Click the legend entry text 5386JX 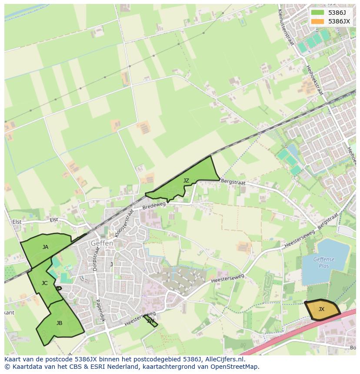coord(339,21)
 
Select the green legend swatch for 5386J coord(318,13)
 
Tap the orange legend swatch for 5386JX coord(318,21)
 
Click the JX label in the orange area coord(321,309)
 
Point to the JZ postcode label coord(186,180)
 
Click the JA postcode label coord(45,247)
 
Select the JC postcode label coord(44,283)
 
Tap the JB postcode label coord(59,323)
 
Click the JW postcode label coord(150,321)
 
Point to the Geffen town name coord(102,244)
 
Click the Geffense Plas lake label coord(324,262)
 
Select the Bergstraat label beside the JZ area coord(233,182)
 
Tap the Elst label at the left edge coord(17,222)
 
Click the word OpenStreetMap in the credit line coord(234,367)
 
